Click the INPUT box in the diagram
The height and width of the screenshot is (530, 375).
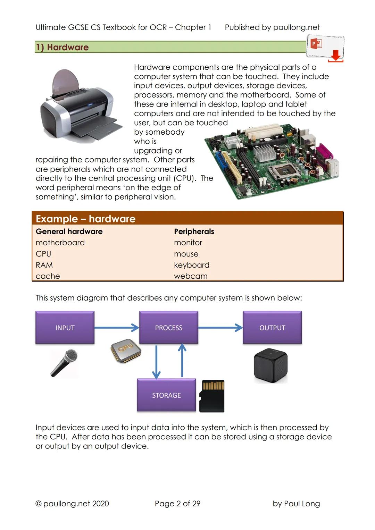(x=65, y=328)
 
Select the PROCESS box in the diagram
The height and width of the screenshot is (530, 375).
(x=168, y=328)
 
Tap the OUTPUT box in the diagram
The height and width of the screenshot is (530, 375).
(x=272, y=328)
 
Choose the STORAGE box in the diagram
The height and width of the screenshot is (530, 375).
(x=166, y=395)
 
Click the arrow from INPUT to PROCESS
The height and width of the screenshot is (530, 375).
(x=117, y=327)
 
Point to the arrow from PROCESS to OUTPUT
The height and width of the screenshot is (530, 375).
(x=220, y=327)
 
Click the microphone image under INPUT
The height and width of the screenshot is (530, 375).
(x=64, y=363)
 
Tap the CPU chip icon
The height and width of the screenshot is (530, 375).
(x=126, y=351)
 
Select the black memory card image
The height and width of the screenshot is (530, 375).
(x=212, y=396)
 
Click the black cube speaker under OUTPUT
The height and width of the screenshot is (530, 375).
(x=270, y=365)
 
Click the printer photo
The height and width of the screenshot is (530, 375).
(x=81, y=105)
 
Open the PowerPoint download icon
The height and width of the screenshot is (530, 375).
(x=325, y=49)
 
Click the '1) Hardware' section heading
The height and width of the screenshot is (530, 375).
(x=62, y=47)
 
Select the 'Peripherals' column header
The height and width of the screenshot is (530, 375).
(x=194, y=232)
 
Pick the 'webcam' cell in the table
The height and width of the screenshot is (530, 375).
(x=191, y=276)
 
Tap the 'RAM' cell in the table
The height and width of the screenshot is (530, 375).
(x=44, y=265)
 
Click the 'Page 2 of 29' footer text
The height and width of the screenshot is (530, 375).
(x=177, y=503)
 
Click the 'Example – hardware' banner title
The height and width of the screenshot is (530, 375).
(x=85, y=219)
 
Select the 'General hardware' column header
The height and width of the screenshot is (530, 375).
(x=69, y=232)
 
